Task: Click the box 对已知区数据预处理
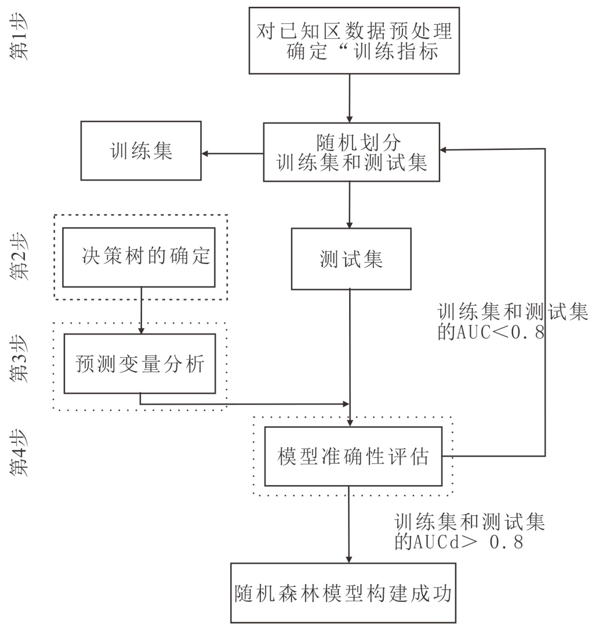tap(354, 40)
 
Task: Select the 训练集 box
tap(141, 151)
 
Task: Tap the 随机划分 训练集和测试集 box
tap(351, 152)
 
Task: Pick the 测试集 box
tap(351, 259)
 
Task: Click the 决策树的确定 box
tap(139, 257)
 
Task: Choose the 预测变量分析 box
tap(139, 363)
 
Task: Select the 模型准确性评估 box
tap(353, 456)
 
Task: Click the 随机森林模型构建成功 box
tap(344, 592)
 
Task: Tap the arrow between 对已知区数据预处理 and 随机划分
tap(350, 98)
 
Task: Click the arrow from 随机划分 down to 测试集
tap(350, 205)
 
